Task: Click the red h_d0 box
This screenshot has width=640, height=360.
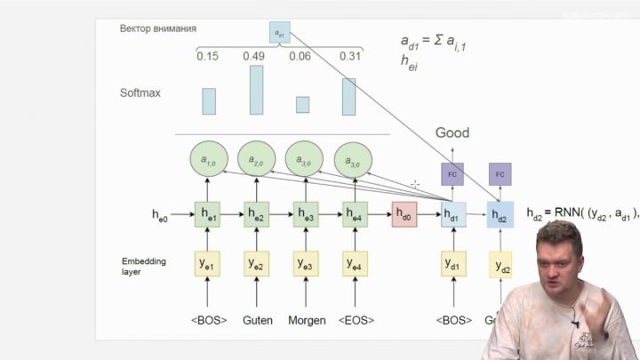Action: click(x=404, y=214)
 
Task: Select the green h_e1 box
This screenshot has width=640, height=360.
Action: click(x=208, y=214)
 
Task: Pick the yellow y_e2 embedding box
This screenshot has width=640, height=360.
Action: click(x=257, y=264)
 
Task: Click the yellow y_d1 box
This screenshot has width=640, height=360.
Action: click(x=452, y=264)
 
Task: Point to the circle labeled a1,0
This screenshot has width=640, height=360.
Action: click(x=208, y=161)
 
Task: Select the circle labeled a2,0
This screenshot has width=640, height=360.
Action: click(x=257, y=161)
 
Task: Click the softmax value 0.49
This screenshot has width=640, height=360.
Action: click(x=256, y=57)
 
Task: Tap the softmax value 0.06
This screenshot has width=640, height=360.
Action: click(x=304, y=57)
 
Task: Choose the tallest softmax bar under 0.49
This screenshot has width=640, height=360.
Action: click(x=256, y=90)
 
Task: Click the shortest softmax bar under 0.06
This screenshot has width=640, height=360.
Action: click(x=303, y=105)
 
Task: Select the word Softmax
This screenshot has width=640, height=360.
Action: click(x=140, y=92)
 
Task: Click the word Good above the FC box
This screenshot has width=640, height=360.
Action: click(x=452, y=133)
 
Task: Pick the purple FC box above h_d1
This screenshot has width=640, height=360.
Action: click(x=452, y=173)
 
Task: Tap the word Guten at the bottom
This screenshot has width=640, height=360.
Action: click(x=257, y=320)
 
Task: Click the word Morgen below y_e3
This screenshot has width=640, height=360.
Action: click(x=306, y=320)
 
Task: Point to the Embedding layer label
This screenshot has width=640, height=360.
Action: click(x=143, y=266)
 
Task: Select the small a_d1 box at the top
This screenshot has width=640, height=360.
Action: click(x=279, y=33)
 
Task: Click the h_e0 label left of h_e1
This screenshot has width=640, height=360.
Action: click(x=160, y=215)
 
